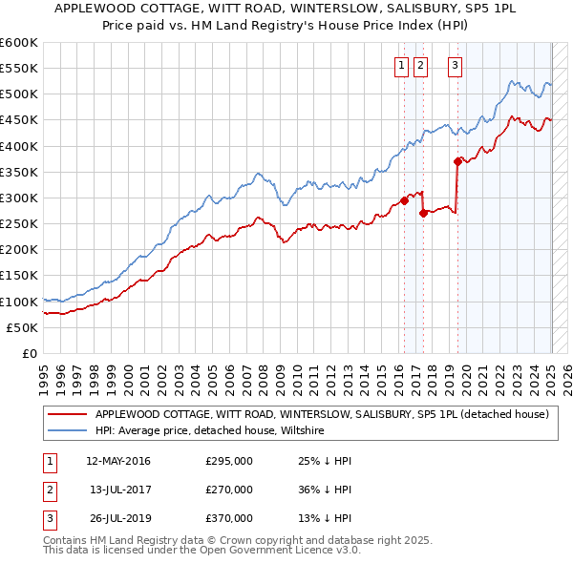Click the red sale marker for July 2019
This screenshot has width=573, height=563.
[x=457, y=161]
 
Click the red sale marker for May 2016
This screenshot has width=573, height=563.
[x=404, y=200]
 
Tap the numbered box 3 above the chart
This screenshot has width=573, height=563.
[x=455, y=66]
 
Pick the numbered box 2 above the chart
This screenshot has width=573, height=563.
[x=421, y=66]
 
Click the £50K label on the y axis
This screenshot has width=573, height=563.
[x=23, y=327]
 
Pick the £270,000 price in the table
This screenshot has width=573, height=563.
[x=229, y=490]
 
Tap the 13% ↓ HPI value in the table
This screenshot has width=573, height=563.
[x=326, y=518]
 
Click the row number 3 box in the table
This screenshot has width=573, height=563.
[x=49, y=518]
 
